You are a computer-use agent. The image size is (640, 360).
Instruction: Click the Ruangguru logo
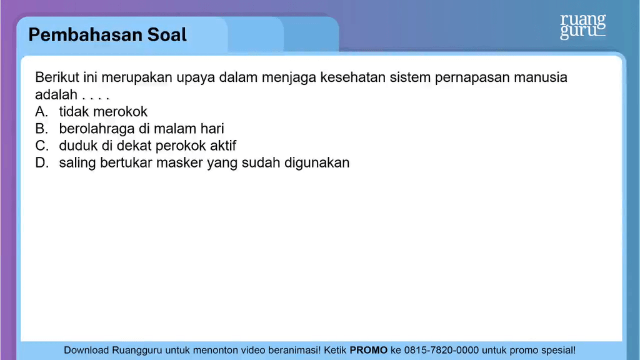click(582, 26)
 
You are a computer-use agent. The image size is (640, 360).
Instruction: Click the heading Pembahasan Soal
click(107, 34)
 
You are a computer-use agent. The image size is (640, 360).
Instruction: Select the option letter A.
click(42, 112)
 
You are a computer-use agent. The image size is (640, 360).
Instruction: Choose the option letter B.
click(42, 129)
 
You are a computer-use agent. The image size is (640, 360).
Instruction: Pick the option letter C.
click(42, 146)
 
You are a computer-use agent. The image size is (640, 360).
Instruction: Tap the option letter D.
click(42, 162)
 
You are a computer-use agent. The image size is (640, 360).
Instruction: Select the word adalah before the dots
click(56, 95)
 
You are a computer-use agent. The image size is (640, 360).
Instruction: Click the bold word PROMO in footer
click(368, 351)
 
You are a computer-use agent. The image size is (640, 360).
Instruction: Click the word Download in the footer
click(87, 351)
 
